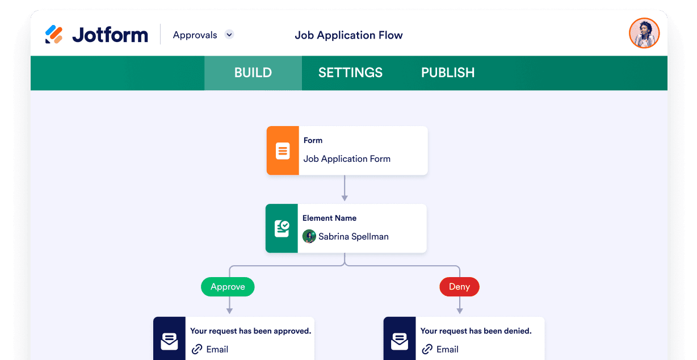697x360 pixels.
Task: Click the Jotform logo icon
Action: pyautogui.click(x=54, y=34)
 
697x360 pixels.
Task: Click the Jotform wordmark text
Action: pyautogui.click(x=110, y=35)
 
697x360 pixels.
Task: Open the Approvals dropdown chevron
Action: pyautogui.click(x=229, y=34)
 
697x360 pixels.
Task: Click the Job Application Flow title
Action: pyautogui.click(x=348, y=35)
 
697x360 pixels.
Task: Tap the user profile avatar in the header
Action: pyautogui.click(x=644, y=33)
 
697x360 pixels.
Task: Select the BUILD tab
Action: pyautogui.click(x=253, y=73)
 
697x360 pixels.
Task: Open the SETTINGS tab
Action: pyautogui.click(x=350, y=73)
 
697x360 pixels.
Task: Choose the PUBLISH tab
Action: pyautogui.click(x=448, y=73)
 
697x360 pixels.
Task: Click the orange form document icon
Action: pyautogui.click(x=283, y=150)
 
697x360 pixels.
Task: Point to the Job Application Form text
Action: pyautogui.click(x=347, y=159)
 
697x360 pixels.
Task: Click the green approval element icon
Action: pyautogui.click(x=282, y=229)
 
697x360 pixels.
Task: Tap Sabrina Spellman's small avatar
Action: pyautogui.click(x=309, y=236)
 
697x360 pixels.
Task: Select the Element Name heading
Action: pyautogui.click(x=330, y=218)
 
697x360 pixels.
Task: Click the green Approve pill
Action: pyautogui.click(x=228, y=287)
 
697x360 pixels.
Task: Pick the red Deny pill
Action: pyautogui.click(x=459, y=287)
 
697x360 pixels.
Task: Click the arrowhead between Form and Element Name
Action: pyautogui.click(x=345, y=198)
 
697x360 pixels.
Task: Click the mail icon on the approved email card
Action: pyautogui.click(x=169, y=341)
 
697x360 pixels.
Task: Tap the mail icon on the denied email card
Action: pyautogui.click(x=400, y=341)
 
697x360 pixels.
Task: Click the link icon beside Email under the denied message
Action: pyautogui.click(x=427, y=349)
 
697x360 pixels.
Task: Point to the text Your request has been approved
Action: pyautogui.click(x=251, y=331)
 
